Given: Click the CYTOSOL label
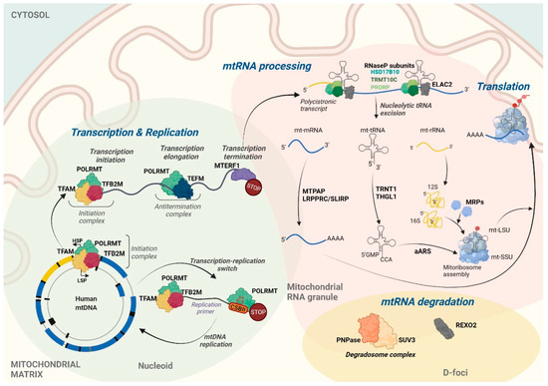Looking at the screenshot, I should click(32, 17).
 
